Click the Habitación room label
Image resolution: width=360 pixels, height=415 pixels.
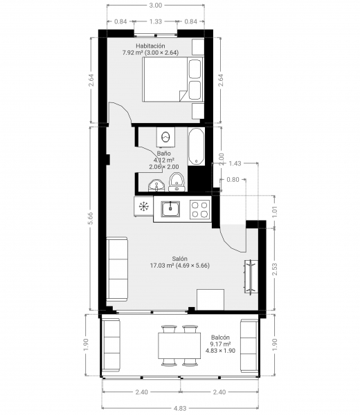point(150,46)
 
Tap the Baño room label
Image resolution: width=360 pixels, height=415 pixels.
point(163,154)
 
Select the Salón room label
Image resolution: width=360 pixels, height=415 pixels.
point(179,259)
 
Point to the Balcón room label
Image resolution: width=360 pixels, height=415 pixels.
point(220,338)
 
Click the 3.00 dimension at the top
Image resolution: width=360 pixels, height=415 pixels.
point(156,6)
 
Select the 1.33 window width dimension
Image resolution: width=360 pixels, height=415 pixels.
point(156,21)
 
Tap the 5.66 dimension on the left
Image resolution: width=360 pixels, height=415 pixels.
point(91,219)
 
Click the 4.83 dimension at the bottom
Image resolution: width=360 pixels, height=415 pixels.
point(180,408)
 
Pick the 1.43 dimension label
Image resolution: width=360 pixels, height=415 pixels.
point(235,163)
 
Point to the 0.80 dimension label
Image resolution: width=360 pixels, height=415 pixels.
point(233,180)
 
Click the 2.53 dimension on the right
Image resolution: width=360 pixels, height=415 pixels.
point(275,269)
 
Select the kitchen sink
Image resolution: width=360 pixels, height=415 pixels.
point(170,208)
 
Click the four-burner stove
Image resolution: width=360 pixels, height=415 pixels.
point(200,210)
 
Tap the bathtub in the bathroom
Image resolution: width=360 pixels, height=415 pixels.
point(196,146)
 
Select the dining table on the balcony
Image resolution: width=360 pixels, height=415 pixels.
point(179,346)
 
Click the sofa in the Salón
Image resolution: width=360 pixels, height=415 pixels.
point(117,268)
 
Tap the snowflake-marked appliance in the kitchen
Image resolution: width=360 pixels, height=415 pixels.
point(144,207)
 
